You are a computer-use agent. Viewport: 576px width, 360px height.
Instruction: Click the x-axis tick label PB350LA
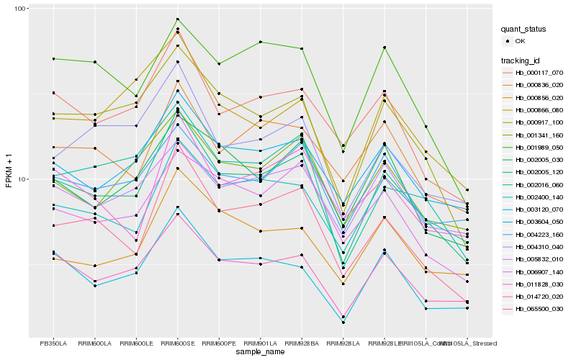(x=53, y=343)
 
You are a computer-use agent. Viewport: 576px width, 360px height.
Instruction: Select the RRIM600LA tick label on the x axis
(x=95, y=343)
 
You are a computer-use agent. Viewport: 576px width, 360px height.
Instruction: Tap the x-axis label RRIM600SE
(x=178, y=343)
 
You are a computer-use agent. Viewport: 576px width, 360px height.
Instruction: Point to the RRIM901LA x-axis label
(x=260, y=343)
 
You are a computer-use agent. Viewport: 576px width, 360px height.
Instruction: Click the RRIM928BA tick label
(x=302, y=343)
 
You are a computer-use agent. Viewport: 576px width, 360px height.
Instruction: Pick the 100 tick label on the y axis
(x=19, y=9)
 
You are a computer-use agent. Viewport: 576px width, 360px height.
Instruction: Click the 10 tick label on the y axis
(x=21, y=179)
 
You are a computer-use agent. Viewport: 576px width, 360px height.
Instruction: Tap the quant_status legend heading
(x=524, y=30)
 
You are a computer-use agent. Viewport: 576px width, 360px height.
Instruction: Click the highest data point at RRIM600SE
(x=178, y=19)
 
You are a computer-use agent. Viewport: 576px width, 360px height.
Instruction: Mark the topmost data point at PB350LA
(x=53, y=59)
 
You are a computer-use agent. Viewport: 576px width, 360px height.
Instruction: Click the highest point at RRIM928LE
(x=385, y=48)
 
